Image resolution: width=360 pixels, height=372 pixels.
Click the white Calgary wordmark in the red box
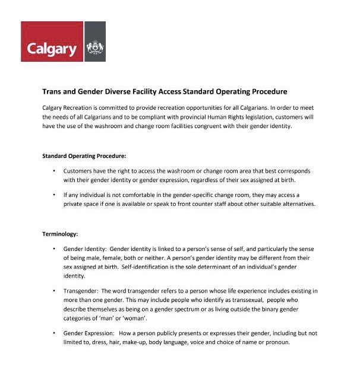[52, 47]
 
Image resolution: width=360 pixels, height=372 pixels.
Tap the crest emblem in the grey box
[95, 47]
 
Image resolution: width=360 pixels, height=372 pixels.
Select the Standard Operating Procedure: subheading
[84, 157]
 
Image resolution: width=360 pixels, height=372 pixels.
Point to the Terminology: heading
[61, 234]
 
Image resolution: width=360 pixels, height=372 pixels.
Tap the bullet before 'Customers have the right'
[54, 171]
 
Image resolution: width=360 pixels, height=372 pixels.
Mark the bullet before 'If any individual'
[54, 195]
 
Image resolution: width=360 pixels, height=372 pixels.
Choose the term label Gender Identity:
[84, 249]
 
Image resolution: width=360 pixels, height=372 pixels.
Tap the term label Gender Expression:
[87, 333]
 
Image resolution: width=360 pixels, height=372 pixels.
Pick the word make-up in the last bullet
[127, 342]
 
